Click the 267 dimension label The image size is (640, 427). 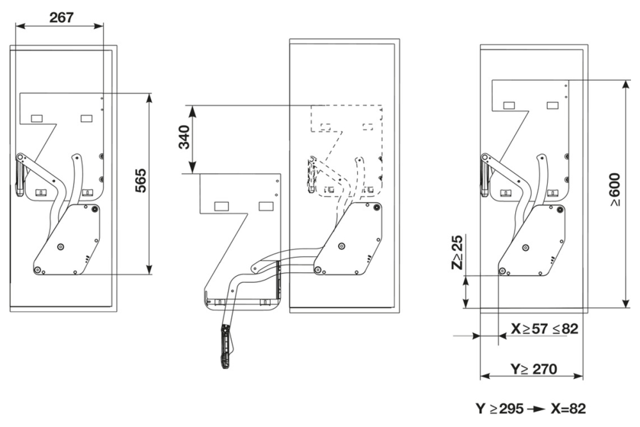pos(62,17)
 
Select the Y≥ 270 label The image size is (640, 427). pos(533,369)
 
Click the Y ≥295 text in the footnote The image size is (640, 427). pos(499,408)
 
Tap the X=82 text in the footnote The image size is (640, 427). pos(563,408)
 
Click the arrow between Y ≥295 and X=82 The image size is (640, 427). pos(533,408)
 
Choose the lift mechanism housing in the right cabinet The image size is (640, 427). pos(535,240)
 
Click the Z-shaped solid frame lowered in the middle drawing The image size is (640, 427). pos(240,218)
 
